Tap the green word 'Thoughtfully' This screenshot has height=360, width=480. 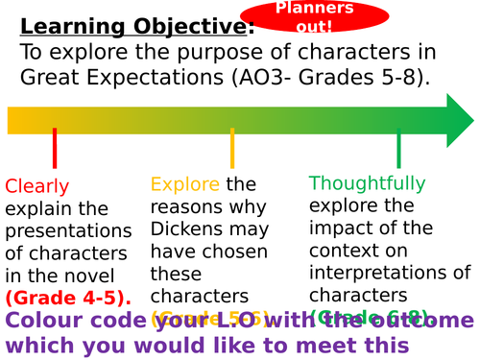pyautogui.click(x=367, y=182)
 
